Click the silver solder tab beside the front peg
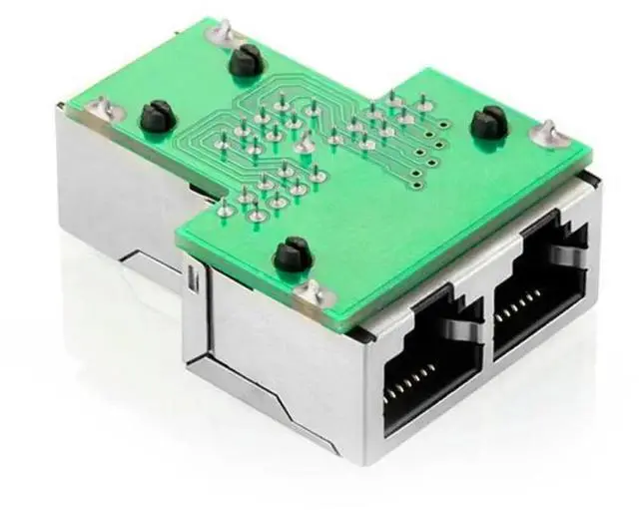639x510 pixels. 311,291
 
